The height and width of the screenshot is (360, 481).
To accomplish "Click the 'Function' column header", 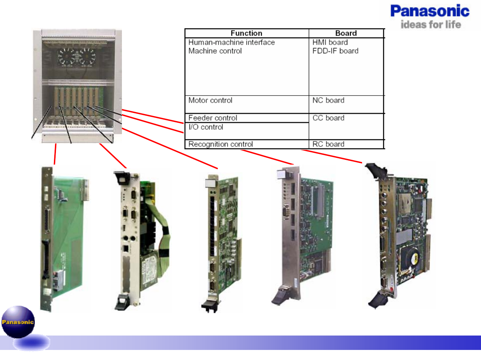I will tap(246, 33).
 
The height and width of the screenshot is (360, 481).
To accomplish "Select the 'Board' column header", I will tap(346, 33).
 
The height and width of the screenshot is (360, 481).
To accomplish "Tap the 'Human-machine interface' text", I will tap(231, 43).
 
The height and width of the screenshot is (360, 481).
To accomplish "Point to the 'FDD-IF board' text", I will tap(335, 51).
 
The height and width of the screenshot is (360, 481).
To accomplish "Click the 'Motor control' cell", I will tap(210, 101).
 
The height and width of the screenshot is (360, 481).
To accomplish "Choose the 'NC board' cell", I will tap(328, 101).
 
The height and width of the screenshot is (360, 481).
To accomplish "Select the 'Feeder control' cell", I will tap(213, 118).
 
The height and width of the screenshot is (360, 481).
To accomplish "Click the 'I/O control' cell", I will tap(206, 127).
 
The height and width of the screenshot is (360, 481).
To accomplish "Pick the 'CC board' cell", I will tap(328, 118).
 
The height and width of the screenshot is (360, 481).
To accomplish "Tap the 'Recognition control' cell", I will tap(220, 144).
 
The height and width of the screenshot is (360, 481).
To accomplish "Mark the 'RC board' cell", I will tap(328, 144).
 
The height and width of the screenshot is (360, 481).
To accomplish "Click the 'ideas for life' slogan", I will tap(431, 24).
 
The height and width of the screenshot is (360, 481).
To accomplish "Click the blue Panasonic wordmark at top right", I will tap(430, 11).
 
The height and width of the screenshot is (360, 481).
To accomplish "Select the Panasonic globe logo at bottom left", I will tap(18, 322).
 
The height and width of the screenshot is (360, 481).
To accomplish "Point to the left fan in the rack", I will tap(67, 56).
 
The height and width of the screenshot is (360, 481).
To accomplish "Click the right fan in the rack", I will tap(87, 56).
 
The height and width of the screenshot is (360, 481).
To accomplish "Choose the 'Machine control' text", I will tap(215, 51).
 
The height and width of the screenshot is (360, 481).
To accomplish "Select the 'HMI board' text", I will tap(330, 43).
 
